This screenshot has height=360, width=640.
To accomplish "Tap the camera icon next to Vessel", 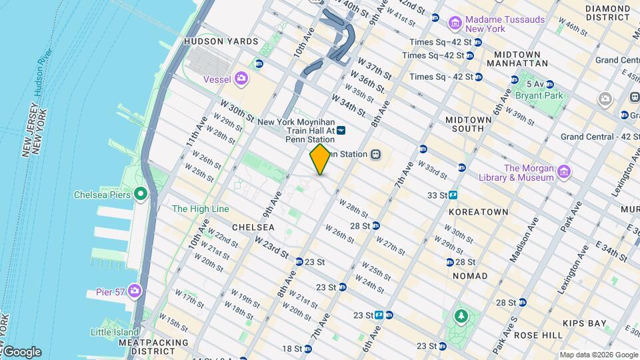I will (x=241, y=79).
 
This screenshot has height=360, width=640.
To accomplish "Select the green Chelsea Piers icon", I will (x=140, y=195).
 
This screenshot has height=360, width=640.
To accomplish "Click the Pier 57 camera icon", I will (x=135, y=291).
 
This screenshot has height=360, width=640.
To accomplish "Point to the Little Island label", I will (x=115, y=332).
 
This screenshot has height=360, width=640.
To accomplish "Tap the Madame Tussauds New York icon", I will (x=456, y=24).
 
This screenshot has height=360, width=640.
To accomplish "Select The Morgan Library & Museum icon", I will (x=564, y=172).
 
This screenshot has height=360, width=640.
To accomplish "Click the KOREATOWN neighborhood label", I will (x=478, y=212).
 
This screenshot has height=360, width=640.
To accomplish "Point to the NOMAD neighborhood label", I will (x=470, y=275).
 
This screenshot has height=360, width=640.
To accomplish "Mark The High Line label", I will (x=200, y=209).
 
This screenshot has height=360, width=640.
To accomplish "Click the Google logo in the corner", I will (x=21, y=352).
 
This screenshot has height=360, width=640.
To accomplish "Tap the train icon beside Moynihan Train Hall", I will (x=341, y=131).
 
